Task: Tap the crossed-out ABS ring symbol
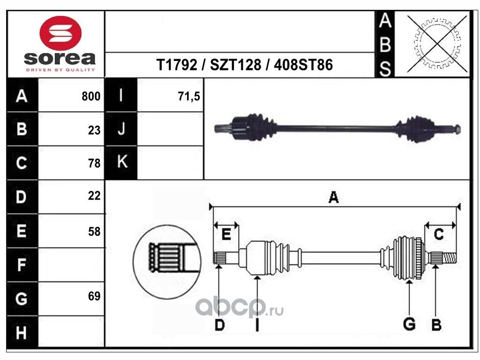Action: [437, 44]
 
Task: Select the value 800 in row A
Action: [91, 97]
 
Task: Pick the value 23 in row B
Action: [94, 130]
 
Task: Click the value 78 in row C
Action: [94, 164]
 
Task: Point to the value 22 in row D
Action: [94, 196]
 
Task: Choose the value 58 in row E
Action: [94, 231]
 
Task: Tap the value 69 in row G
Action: [94, 296]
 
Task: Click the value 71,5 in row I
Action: [189, 97]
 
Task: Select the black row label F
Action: [21, 265]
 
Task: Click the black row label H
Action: [21, 333]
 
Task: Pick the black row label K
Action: [121, 162]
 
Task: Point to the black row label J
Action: [121, 129]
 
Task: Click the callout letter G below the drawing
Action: [409, 324]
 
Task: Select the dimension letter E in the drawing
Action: [226, 234]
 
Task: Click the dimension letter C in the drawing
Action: [439, 234]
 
